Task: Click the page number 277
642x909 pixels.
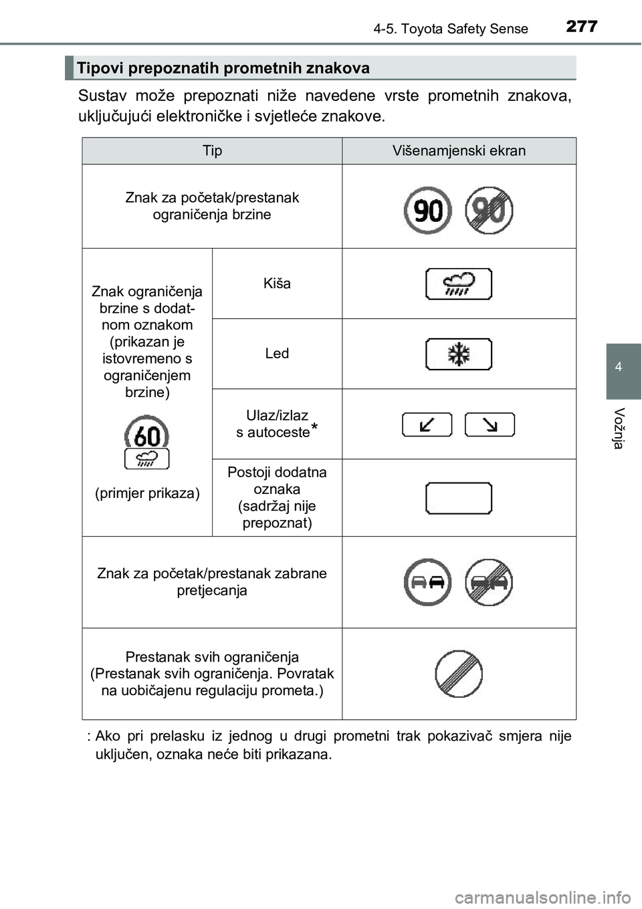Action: [x=581, y=26]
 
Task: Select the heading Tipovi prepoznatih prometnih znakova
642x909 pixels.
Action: [x=223, y=68]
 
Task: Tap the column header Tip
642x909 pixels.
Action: [x=212, y=151]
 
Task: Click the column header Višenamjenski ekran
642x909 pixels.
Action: [x=459, y=151]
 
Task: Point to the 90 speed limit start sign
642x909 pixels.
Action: [x=427, y=211]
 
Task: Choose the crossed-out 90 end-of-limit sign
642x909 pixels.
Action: [x=489, y=211]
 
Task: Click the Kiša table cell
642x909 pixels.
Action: [x=277, y=283]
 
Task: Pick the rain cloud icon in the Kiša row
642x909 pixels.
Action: [x=459, y=284]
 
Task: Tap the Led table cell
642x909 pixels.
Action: [x=277, y=354]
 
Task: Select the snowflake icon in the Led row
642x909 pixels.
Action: [x=459, y=354]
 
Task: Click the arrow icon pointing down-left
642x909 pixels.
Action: [x=427, y=424]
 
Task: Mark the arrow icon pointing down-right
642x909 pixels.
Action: [x=490, y=424]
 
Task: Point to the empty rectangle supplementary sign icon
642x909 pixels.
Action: [x=459, y=498]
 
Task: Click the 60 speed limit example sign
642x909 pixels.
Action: [x=146, y=434]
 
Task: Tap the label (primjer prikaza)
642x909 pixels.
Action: [x=147, y=493]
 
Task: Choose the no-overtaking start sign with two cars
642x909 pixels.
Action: [x=427, y=582]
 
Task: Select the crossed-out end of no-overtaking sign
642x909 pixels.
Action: [x=489, y=582]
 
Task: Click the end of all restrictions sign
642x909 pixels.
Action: [x=459, y=674]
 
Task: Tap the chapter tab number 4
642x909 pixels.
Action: [x=619, y=367]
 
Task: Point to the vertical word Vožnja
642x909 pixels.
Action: [x=619, y=428]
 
